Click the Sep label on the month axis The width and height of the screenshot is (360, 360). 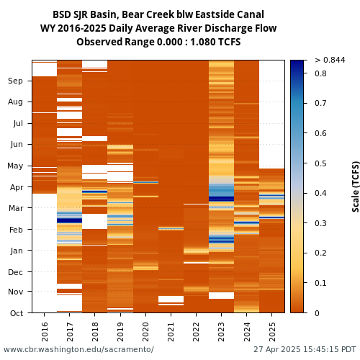(x=15, y=81)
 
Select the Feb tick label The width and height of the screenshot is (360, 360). (x=16, y=230)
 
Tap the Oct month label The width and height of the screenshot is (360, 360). (x=17, y=313)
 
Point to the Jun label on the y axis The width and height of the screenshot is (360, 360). (x=17, y=145)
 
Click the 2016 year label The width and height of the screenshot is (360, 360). (x=45, y=332)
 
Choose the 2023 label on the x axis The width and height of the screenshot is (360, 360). (x=221, y=332)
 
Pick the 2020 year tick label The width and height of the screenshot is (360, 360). (x=145, y=332)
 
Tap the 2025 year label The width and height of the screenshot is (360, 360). (x=272, y=332)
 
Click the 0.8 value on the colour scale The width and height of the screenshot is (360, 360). (x=320, y=73)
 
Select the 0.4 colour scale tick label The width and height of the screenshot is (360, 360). (x=320, y=193)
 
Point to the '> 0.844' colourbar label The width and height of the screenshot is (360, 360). (x=330, y=60)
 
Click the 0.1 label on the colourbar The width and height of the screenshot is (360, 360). (x=320, y=283)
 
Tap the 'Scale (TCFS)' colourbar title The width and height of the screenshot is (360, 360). (x=356, y=186)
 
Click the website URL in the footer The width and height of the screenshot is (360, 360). (x=78, y=349)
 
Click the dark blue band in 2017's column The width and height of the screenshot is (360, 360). (x=69, y=220)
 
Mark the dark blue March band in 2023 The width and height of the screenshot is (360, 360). (x=221, y=199)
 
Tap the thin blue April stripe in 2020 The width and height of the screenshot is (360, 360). (x=145, y=182)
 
